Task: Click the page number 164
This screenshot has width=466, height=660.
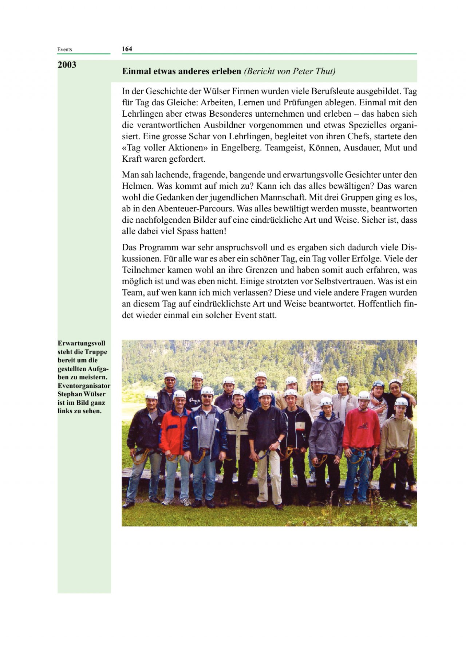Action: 127,49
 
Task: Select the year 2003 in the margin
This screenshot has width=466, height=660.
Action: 67,65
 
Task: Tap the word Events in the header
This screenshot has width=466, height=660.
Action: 64,50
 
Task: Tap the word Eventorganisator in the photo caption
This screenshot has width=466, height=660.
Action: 84,386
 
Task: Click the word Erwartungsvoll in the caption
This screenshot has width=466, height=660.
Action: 81,343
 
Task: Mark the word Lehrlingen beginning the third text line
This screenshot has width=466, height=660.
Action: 141,114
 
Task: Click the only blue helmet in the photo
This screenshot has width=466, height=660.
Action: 378,384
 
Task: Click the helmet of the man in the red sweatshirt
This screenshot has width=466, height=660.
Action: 364,396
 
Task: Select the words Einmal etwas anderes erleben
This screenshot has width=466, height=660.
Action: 182,71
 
